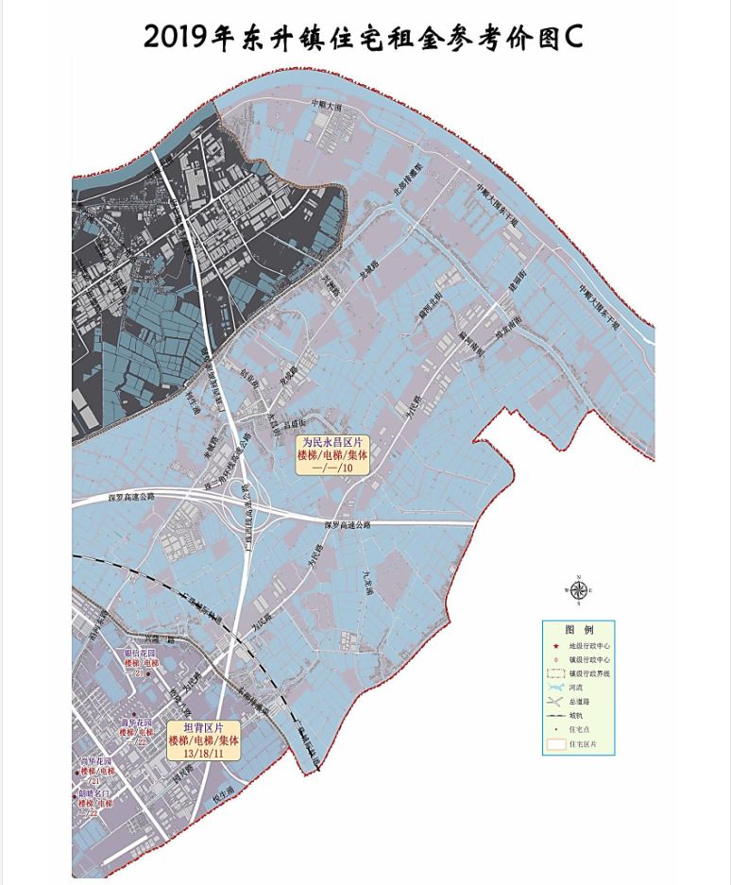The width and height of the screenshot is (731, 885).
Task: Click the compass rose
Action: (578, 589)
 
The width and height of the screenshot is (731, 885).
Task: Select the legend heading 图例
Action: (578, 629)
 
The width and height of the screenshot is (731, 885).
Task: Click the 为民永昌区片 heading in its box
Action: (332, 441)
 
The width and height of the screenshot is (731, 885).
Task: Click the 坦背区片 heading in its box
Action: (202, 728)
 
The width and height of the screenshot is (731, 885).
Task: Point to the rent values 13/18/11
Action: (202, 753)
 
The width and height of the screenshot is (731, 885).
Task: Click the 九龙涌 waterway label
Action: (369, 580)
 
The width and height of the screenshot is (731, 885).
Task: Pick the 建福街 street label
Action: (518, 283)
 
